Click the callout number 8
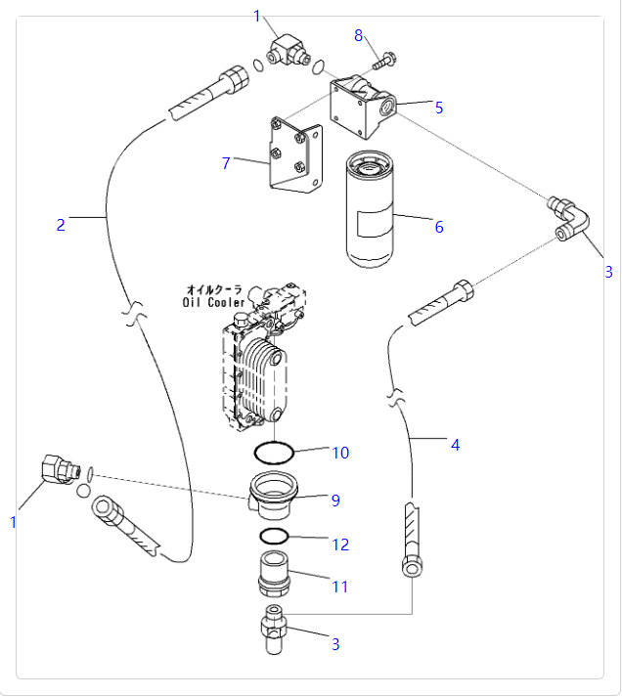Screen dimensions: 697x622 [359, 35]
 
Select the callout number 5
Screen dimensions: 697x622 [439, 108]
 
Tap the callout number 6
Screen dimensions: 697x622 [439, 227]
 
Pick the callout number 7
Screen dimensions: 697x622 [226, 163]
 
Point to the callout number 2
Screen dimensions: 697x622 [61, 225]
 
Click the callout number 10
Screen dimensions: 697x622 [340, 453]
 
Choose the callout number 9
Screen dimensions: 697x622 [335, 501]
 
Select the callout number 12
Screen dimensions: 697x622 [340, 545]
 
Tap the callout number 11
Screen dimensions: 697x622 [340, 588]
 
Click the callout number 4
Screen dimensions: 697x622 [455, 445]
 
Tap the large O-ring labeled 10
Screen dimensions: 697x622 [275, 453]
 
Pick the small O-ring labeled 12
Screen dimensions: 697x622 [275, 537]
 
